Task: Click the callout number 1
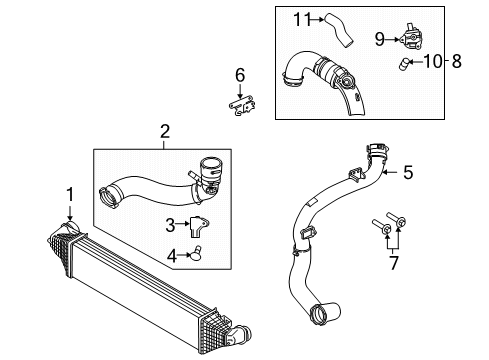[70, 191]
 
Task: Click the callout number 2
[165, 130]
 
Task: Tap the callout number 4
[170, 255]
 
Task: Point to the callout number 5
[407, 172]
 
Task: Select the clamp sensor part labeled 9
[412, 39]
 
